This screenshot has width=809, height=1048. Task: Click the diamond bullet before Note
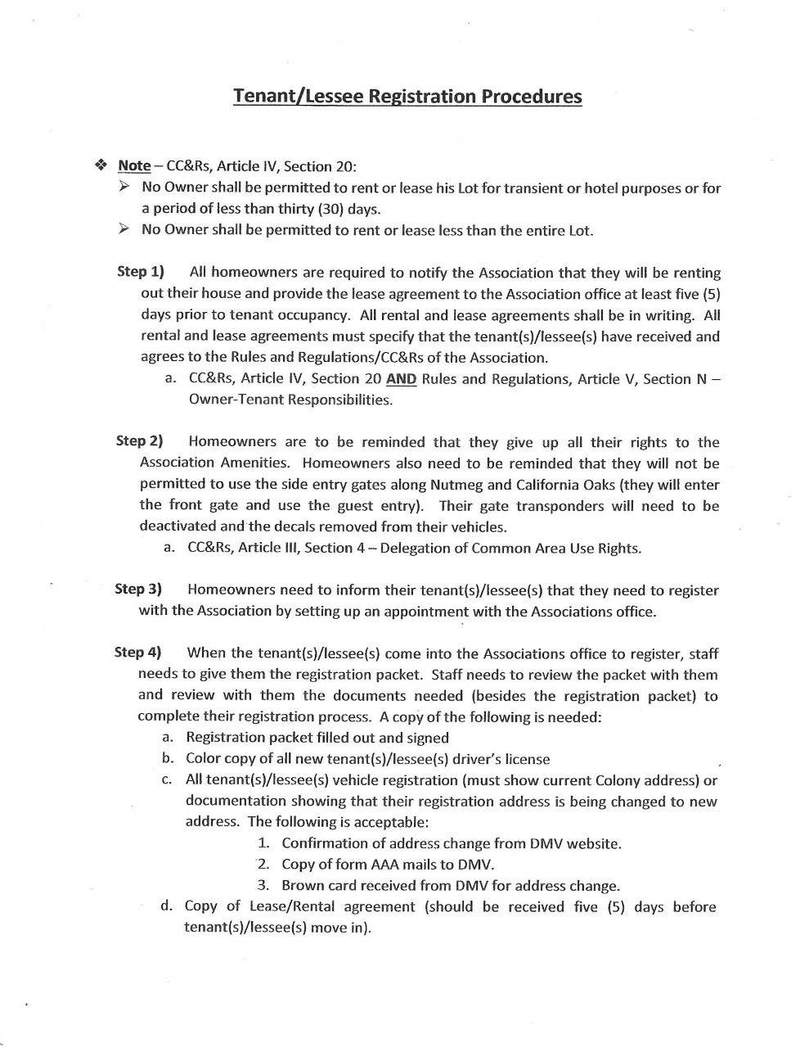[101, 165]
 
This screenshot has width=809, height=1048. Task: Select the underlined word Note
[134, 165]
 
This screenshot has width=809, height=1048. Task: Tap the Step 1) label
[141, 272]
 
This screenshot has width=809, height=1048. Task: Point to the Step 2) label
[140, 441]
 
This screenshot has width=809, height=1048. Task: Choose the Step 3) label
[138, 589]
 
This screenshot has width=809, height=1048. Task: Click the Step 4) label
[138, 653]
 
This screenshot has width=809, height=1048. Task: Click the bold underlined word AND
[401, 379]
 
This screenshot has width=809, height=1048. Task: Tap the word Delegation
[413, 548]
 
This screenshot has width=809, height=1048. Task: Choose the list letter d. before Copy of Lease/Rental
[167, 906]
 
